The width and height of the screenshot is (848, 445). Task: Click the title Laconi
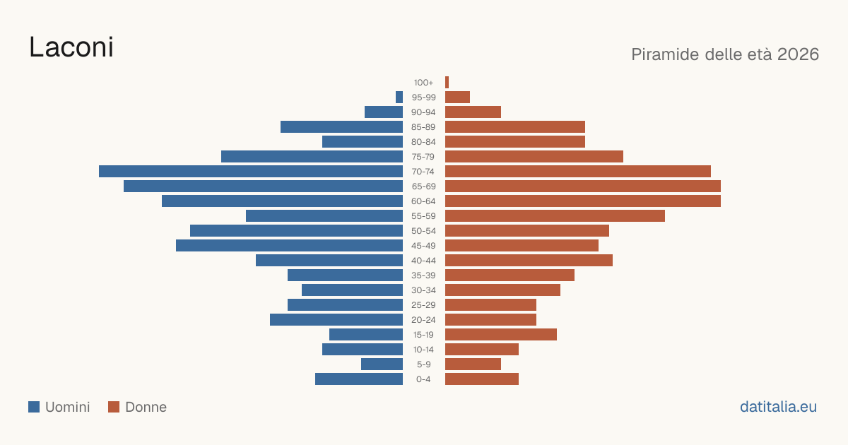[71, 47]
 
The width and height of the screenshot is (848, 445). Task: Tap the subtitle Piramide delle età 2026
[725, 54]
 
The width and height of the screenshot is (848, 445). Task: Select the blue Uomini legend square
[34, 407]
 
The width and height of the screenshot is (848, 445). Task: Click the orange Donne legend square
[114, 407]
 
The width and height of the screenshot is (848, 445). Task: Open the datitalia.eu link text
[778, 407]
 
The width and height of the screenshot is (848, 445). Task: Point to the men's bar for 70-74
[251, 172]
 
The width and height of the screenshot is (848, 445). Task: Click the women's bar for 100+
[447, 83]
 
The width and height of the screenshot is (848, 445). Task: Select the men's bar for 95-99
[399, 97]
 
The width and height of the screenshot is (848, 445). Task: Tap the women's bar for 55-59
[555, 216]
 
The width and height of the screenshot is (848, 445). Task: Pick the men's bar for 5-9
[382, 364]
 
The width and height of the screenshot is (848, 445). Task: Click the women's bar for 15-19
[501, 335]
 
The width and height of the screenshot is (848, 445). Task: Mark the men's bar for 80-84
[363, 142]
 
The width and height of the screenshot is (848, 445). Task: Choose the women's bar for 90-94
[473, 112]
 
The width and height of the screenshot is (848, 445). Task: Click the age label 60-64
[423, 201]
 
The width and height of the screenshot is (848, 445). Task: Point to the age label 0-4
[423, 379]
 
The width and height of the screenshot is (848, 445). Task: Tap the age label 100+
[423, 83]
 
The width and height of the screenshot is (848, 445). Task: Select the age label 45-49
[423, 246]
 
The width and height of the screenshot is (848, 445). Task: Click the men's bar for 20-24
[336, 320]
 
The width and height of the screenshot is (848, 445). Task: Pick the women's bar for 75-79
[534, 157]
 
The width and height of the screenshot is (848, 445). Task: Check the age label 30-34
[423, 290]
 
